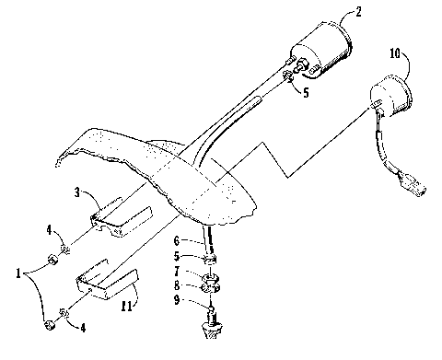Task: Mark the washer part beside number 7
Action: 211,277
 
